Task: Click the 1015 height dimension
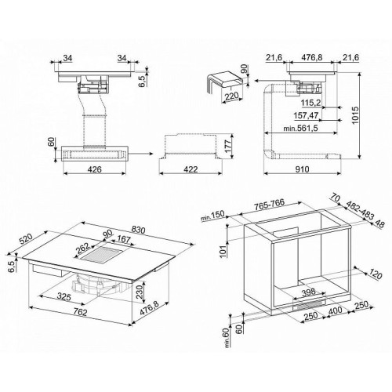[355, 115]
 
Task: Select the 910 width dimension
[302, 169]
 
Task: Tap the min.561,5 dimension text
[300, 129]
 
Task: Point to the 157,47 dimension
[306, 115]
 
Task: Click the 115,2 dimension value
[310, 103]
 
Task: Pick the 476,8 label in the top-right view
[312, 57]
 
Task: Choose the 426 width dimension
[94, 169]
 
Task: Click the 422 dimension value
[191, 169]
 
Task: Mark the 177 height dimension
[228, 147]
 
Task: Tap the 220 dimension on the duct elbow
[231, 97]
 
